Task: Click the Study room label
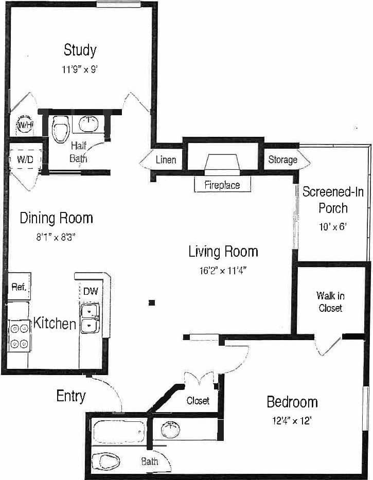tap(80, 50)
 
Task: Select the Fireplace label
tap(222, 185)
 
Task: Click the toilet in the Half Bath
tap(61, 129)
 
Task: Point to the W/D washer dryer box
tap(25, 159)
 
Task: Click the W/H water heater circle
tap(25, 125)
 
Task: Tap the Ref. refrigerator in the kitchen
tap(19, 287)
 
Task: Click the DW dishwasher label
tap(90, 291)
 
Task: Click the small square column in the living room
tap(151, 303)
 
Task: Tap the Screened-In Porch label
tap(332, 200)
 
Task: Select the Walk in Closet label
tap(330, 302)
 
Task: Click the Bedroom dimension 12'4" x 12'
tap(292, 420)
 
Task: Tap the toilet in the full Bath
tap(109, 460)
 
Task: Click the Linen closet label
tap(166, 160)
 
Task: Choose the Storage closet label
tap(282, 159)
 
